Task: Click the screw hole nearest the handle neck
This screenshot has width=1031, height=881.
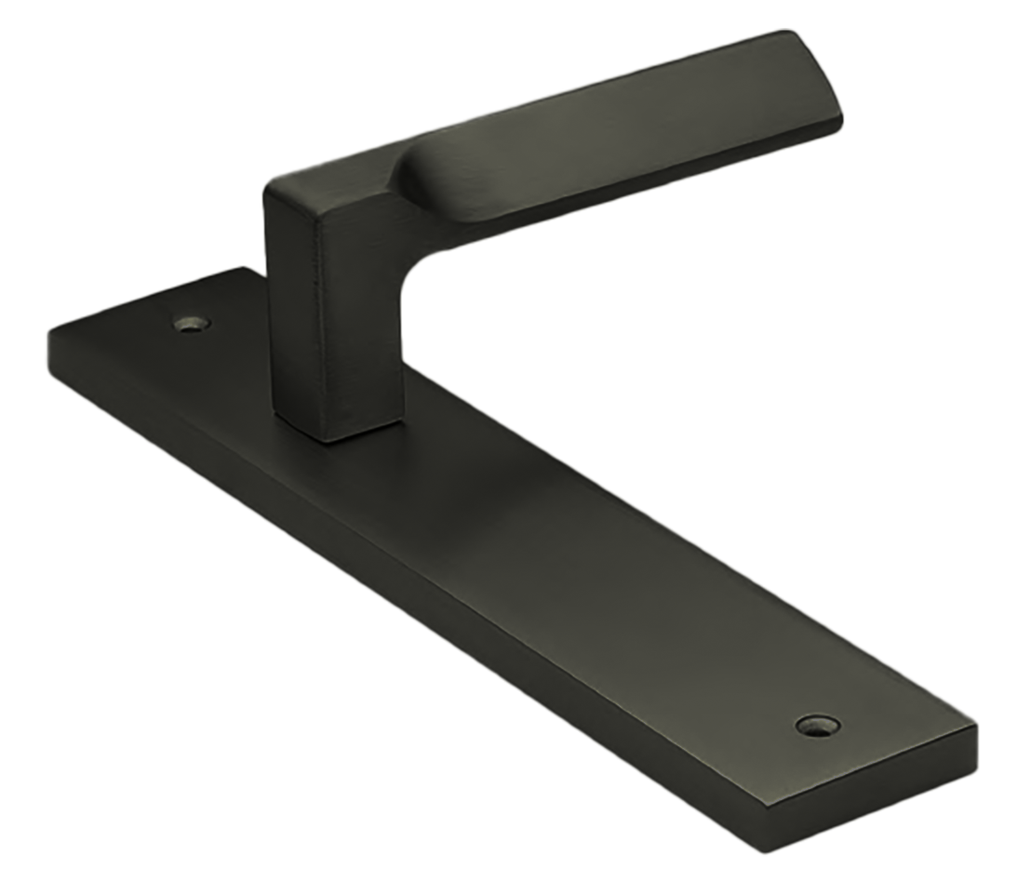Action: (x=193, y=325)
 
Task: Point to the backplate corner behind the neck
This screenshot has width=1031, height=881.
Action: (x=244, y=267)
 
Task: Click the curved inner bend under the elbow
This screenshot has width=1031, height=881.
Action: (x=409, y=270)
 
